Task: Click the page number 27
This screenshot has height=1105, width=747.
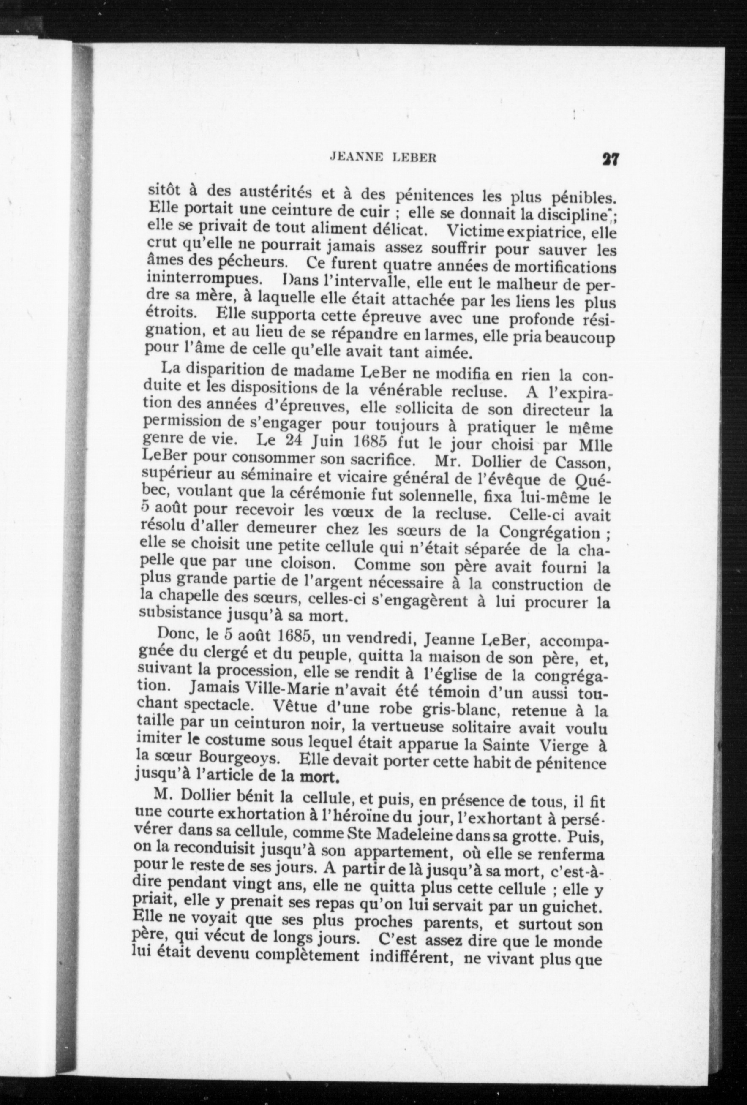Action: pos(609,158)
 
